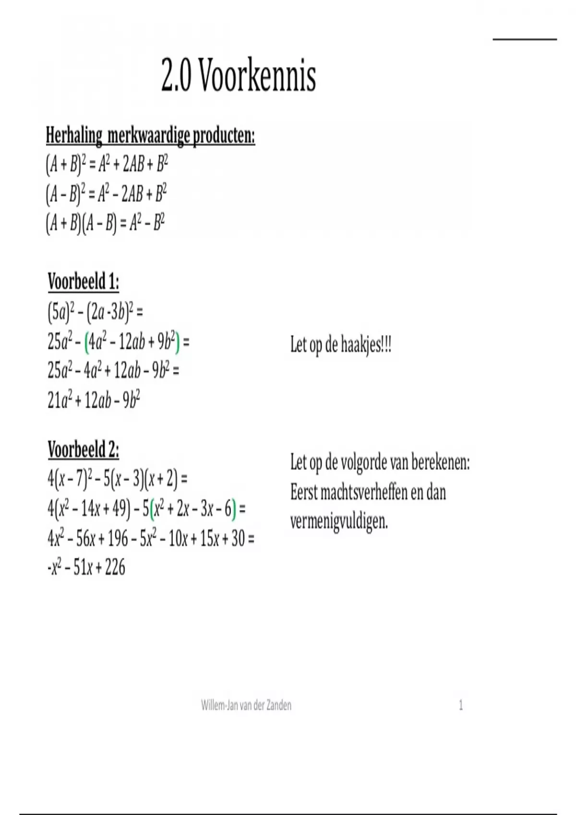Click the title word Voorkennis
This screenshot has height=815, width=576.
point(257,77)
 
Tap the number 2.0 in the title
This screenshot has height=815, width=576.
point(176,77)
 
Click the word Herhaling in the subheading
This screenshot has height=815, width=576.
point(74,136)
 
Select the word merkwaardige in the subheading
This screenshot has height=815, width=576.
point(148,136)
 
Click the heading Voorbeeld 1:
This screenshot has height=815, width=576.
point(84,282)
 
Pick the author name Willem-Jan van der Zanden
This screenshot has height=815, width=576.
point(246,705)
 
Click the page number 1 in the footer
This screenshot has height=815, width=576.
point(461,705)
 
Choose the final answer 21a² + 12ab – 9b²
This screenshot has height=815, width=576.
point(94,400)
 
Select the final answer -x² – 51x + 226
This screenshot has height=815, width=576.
point(87,568)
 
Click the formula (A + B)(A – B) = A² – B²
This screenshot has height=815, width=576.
point(106,223)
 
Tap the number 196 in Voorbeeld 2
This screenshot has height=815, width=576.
point(118,539)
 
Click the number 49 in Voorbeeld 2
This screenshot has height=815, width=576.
point(118,509)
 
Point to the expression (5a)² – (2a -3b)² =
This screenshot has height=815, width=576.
point(95,313)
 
